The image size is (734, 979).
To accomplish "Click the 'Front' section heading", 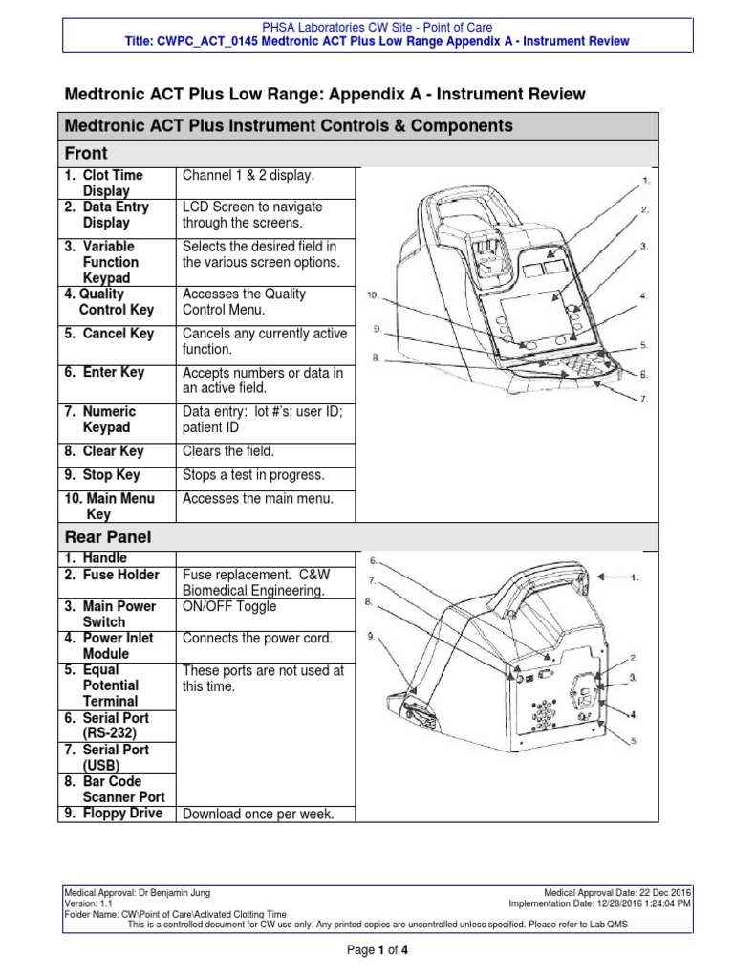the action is pos(85,154).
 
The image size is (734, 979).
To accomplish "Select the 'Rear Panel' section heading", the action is pos(107,537).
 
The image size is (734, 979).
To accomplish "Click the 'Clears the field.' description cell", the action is pos(227,451).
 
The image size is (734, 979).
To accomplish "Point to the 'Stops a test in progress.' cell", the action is pos(253,475).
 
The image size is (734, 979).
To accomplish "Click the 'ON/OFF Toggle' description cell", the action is pos(229,606).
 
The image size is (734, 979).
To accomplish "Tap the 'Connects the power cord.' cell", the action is pos(256,638).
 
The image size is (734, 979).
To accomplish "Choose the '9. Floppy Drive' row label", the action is pos(113,814).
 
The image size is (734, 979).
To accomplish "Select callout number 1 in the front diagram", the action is pos(646,180).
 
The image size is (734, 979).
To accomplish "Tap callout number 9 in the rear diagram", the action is pos(372,636).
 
